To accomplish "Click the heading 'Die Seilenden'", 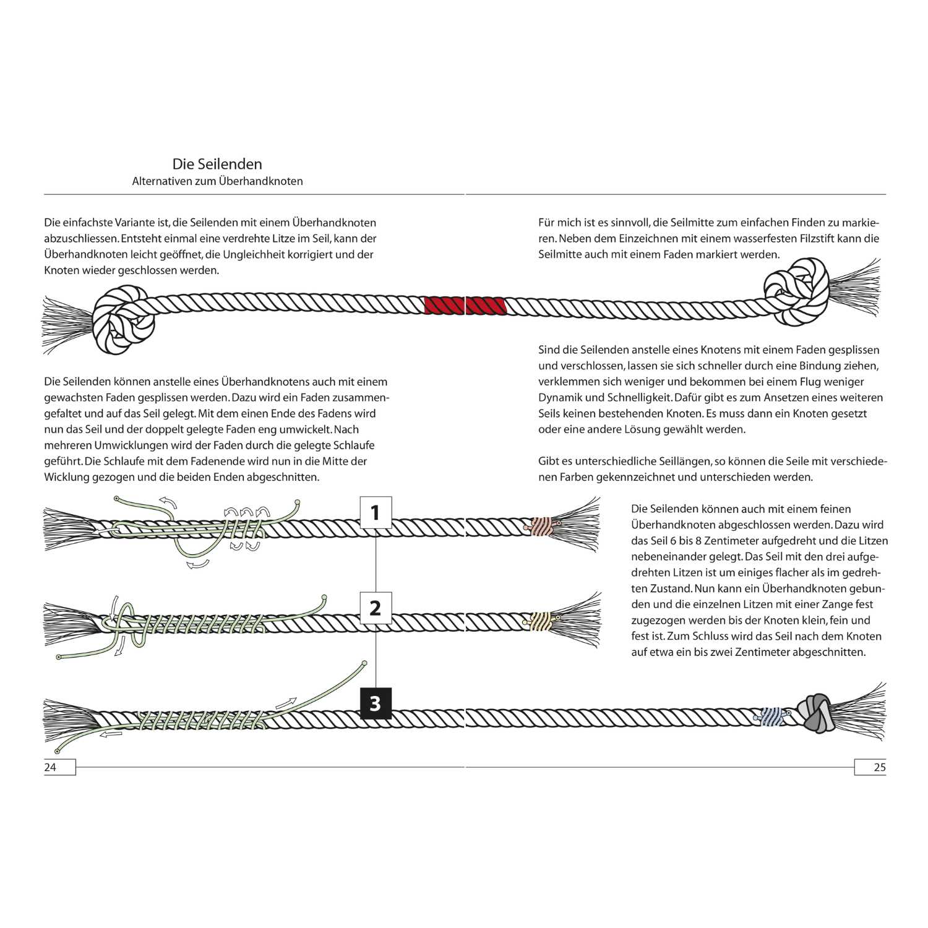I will [x=217, y=164].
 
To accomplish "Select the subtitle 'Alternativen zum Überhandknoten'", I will [x=217, y=181].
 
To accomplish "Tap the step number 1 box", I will [x=375, y=512].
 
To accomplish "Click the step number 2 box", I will [x=375, y=608].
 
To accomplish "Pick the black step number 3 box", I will [x=375, y=703].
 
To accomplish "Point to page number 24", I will [x=50, y=767].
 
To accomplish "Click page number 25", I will [x=879, y=767].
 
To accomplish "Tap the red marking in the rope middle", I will [x=465, y=306].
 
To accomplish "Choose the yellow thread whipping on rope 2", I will [x=540, y=621].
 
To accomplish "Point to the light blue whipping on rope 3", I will [x=771, y=716].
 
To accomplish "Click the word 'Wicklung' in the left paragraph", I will [x=66, y=477].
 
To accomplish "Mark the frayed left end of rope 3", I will [x=68, y=721].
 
